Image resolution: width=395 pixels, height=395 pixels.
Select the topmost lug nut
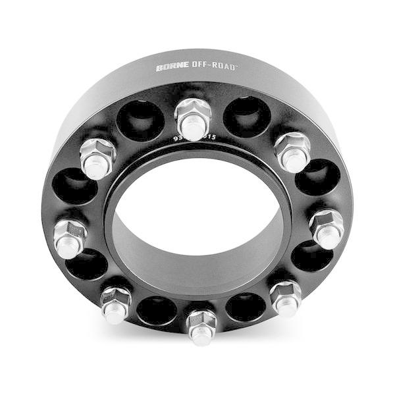(x=192, y=119)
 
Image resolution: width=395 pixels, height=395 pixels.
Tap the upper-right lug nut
(x=292, y=151)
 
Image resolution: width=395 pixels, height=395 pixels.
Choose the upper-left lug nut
(x=97, y=158)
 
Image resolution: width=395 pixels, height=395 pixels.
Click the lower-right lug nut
(x=286, y=298)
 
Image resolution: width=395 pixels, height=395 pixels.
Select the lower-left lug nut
(x=116, y=304)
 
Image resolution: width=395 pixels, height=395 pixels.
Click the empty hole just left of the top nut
(x=140, y=120)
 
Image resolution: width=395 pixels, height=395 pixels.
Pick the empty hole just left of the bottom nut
(x=157, y=310)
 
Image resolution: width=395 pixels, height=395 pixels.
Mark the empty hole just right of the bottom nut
(x=245, y=307)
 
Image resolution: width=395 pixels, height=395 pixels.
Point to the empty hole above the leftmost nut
(x=74, y=187)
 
